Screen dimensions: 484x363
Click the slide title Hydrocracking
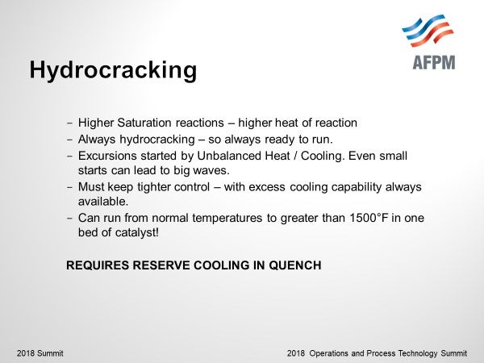(113, 70)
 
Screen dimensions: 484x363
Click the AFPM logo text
(434, 62)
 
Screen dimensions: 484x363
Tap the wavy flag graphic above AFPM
(428, 31)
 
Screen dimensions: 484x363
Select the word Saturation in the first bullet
(144, 123)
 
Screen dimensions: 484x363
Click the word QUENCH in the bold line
(295, 265)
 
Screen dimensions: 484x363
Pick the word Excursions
(107, 156)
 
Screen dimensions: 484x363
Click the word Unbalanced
(229, 156)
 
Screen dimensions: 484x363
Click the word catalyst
(137, 232)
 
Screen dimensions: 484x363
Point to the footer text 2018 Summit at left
(40, 353)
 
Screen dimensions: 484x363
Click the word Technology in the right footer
(418, 353)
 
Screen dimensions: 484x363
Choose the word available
(103, 202)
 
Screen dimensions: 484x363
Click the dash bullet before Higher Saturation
(69, 123)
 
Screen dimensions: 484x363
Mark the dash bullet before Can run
(69, 219)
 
